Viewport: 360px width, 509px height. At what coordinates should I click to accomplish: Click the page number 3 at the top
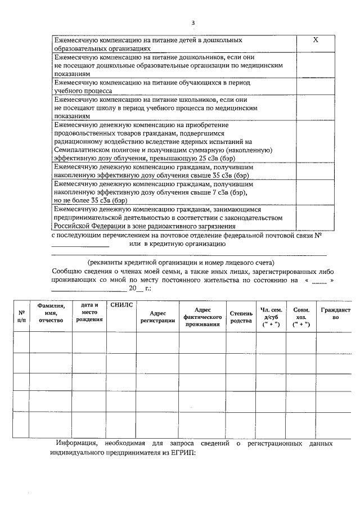192,23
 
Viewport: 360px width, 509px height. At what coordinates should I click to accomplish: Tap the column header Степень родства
241,317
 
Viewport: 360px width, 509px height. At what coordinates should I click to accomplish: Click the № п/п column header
21,316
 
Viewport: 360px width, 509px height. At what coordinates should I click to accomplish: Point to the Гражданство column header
335,313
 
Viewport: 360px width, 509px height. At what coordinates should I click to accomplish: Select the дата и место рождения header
89,312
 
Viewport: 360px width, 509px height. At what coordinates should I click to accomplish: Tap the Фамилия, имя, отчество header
51,312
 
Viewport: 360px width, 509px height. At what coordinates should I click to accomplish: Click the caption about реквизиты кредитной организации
181,263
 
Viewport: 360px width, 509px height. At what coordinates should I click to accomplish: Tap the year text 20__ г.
140,288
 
